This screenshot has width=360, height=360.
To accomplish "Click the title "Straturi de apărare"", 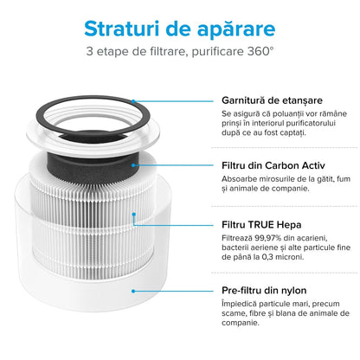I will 180,28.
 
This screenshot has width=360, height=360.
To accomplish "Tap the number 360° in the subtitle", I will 259,52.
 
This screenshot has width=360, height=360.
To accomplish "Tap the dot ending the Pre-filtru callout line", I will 135,292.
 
